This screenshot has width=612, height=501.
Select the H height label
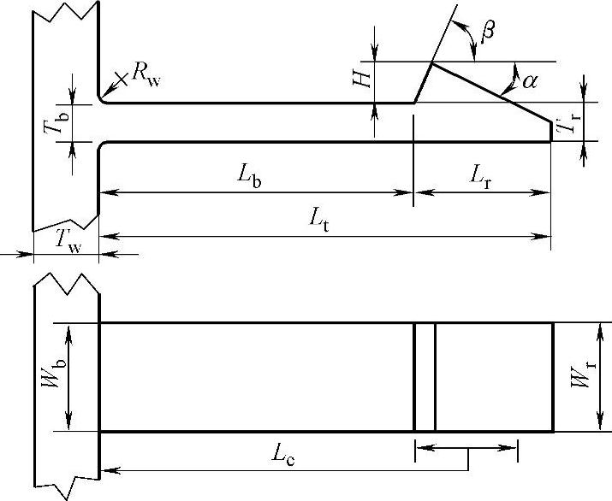(364, 79)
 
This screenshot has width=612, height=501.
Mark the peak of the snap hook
(431, 63)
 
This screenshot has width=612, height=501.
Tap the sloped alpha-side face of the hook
(491, 92)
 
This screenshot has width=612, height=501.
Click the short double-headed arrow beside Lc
(466, 446)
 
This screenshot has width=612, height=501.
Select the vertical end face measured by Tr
(551, 131)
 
